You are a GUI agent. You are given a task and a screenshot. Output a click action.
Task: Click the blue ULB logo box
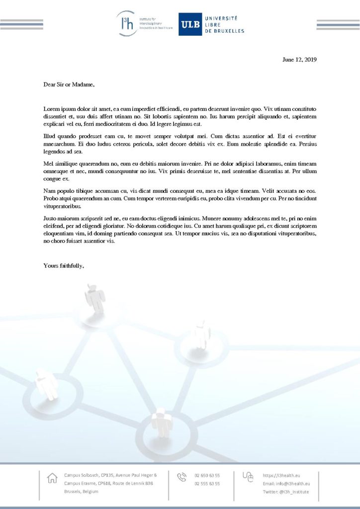click(x=190, y=24)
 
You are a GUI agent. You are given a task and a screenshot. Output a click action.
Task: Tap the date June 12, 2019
click(x=299, y=60)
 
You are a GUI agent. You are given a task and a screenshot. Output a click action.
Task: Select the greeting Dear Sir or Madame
click(x=69, y=85)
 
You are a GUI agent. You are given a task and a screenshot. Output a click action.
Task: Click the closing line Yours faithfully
click(x=64, y=265)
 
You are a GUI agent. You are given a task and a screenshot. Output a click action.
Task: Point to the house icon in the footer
click(x=52, y=478)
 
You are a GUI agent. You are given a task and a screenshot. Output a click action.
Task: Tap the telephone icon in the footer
click(x=181, y=477)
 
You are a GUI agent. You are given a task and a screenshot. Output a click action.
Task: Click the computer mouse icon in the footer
click(x=248, y=477)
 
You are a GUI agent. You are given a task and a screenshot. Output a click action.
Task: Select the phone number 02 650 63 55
click(x=207, y=475)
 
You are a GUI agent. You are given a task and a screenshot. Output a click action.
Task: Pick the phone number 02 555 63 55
click(x=207, y=483)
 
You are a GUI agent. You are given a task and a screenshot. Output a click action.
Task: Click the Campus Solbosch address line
click(x=110, y=475)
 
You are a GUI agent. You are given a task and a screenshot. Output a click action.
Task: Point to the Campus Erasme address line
click(x=108, y=483)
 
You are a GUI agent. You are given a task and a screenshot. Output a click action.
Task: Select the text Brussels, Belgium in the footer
click(x=81, y=492)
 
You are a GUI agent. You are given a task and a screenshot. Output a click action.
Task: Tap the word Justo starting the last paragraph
click(x=51, y=218)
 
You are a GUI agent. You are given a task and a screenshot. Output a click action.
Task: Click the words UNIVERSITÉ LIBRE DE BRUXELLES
click(x=225, y=24)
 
